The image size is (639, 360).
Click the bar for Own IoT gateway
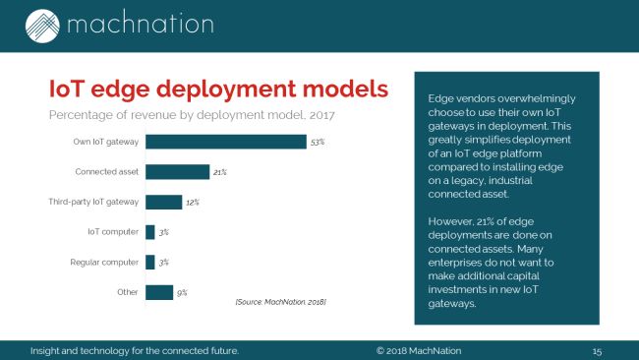pos(225,142)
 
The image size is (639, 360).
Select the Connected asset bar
pos(177,172)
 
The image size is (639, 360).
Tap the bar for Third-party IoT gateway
pos(163,202)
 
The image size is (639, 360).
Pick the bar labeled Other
pos(158,292)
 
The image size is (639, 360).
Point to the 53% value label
pos(317,143)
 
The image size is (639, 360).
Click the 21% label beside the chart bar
pos(220,173)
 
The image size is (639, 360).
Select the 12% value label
pos(193,203)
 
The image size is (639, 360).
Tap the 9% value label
pos(182,293)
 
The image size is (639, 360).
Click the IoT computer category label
pos(112,232)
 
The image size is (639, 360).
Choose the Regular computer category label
pos(103,263)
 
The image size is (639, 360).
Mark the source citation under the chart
pos(280,300)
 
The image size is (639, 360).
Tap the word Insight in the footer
pos(48,350)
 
